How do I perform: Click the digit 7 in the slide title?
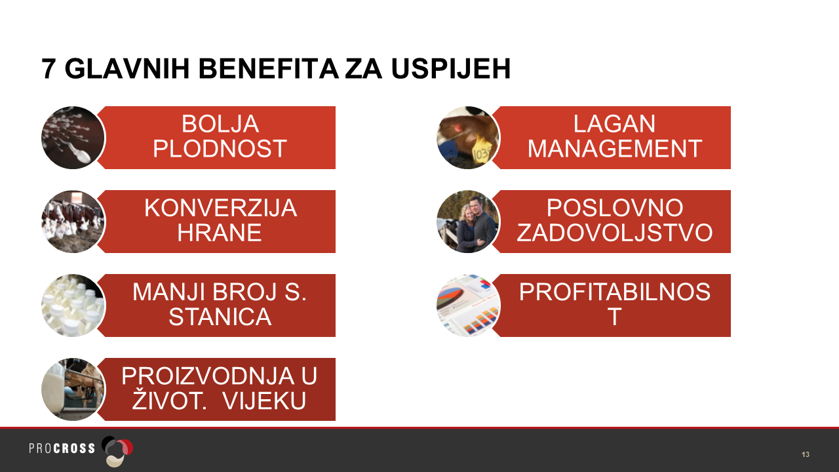click(x=49, y=69)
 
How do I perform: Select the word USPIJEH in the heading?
click(x=451, y=69)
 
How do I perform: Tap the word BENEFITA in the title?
click(x=269, y=69)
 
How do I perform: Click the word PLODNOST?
click(x=220, y=149)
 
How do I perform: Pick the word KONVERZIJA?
click(x=221, y=208)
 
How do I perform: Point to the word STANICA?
click(x=220, y=317)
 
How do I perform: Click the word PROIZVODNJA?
click(x=208, y=376)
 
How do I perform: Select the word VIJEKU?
click(x=264, y=401)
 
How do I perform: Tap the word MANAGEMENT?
click(x=615, y=149)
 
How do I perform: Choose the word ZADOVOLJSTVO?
click(x=615, y=233)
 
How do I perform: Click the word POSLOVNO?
click(x=615, y=208)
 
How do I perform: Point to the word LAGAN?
click(x=614, y=124)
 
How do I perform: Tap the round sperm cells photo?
click(x=73, y=138)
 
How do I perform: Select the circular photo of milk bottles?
click(x=73, y=305)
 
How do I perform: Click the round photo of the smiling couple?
click(x=468, y=222)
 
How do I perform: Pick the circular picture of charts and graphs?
click(x=468, y=305)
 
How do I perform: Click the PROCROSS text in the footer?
click(x=62, y=448)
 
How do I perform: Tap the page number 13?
click(x=806, y=454)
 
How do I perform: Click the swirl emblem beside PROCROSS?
click(x=117, y=451)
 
